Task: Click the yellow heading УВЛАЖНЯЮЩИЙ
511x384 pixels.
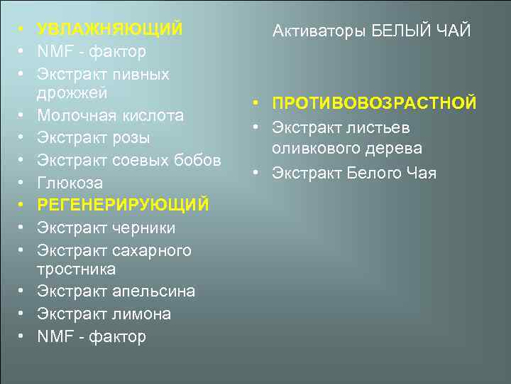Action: point(110,30)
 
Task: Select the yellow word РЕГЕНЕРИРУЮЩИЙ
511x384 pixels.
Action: point(123,206)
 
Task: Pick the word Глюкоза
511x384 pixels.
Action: point(70,183)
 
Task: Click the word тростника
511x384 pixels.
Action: point(76,270)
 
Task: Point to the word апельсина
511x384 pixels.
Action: point(153,292)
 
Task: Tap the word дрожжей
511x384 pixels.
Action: point(72,93)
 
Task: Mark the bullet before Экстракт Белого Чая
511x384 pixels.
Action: point(255,173)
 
